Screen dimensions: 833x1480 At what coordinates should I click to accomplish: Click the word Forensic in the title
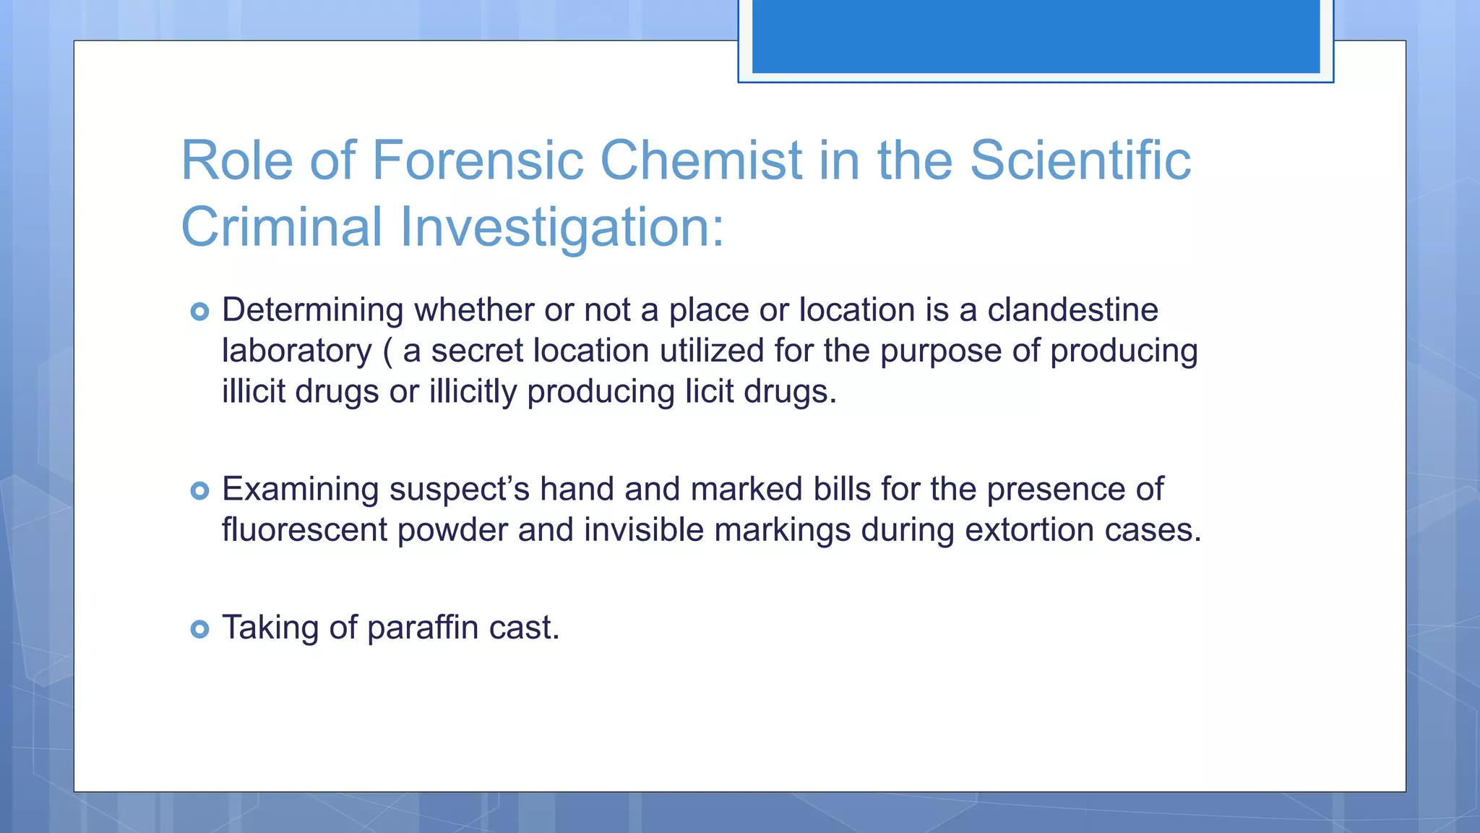[x=477, y=160]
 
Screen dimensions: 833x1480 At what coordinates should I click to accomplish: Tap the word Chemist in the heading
[x=701, y=160]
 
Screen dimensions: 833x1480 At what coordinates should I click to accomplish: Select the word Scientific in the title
[x=1080, y=160]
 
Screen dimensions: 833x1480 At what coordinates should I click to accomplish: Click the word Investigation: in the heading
[x=562, y=227]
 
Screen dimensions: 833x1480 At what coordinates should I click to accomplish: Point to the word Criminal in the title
[x=282, y=227]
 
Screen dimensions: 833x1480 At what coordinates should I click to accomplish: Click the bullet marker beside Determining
[x=199, y=312]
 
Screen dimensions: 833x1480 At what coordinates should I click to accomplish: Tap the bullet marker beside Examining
[x=199, y=491]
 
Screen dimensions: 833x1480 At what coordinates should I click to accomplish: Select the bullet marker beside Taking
[x=199, y=628]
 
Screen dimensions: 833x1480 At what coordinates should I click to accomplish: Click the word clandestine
[x=1072, y=309]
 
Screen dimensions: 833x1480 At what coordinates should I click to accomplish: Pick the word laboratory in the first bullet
[x=296, y=351]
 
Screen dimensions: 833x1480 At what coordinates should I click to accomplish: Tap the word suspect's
[x=460, y=490]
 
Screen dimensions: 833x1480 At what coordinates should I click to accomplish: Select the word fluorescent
[x=304, y=530]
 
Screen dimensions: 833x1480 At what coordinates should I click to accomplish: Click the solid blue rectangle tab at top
[x=1036, y=36]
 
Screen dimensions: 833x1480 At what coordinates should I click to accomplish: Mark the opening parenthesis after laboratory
[x=387, y=351]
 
